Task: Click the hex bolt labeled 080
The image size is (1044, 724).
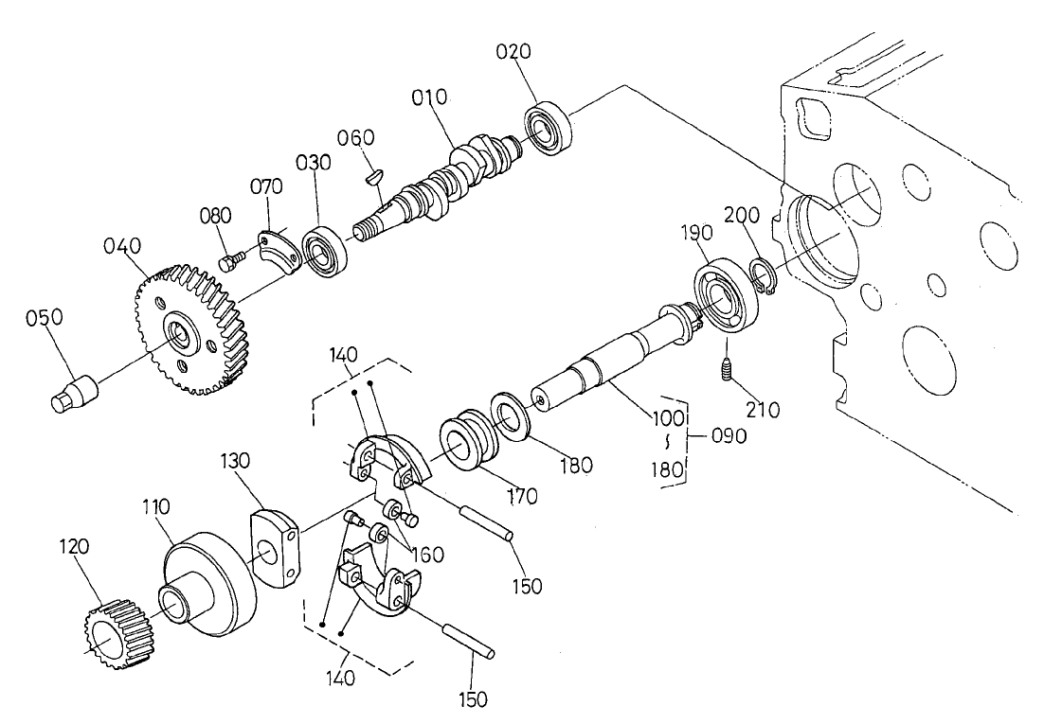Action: tap(228, 258)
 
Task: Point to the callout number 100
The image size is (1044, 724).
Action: tap(668, 415)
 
